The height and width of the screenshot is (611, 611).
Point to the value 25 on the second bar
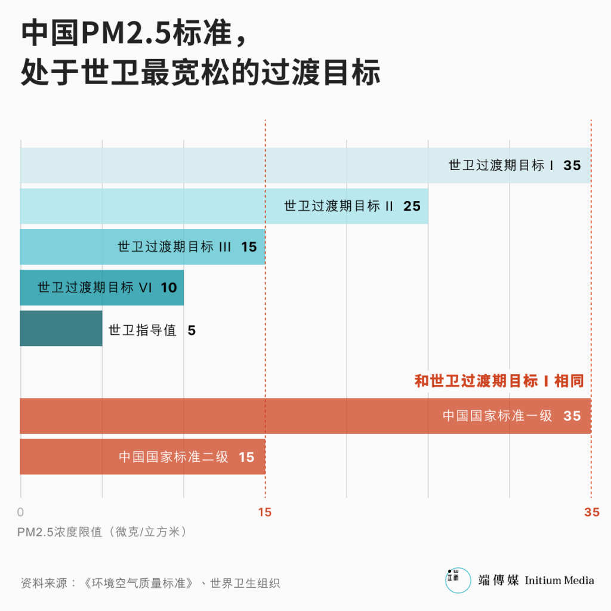pyautogui.click(x=412, y=206)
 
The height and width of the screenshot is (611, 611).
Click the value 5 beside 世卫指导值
pyautogui.click(x=192, y=330)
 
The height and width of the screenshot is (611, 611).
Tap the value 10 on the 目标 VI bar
pyautogui.click(x=169, y=288)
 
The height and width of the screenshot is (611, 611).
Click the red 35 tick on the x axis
pyautogui.click(x=591, y=512)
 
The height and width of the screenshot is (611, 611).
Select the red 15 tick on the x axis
pyautogui.click(x=264, y=512)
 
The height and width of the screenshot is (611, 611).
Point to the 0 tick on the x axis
pyautogui.click(x=21, y=512)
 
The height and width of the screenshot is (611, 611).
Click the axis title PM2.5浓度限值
pyautogui.click(x=102, y=532)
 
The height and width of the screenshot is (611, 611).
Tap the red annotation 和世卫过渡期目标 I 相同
pyautogui.click(x=499, y=381)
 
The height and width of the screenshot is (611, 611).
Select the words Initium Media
pyautogui.click(x=559, y=580)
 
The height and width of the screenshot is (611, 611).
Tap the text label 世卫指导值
pyautogui.click(x=143, y=330)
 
